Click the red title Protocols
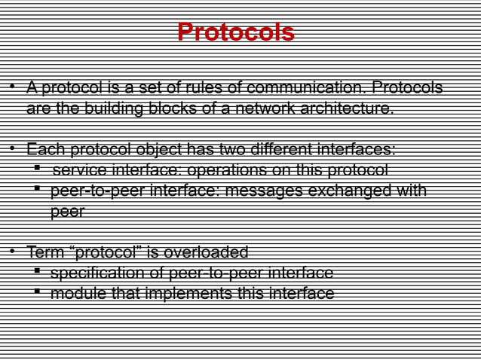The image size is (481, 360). tap(235, 33)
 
